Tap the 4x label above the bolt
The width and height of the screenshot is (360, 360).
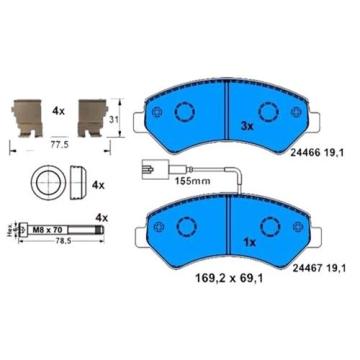coord(101,216)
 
